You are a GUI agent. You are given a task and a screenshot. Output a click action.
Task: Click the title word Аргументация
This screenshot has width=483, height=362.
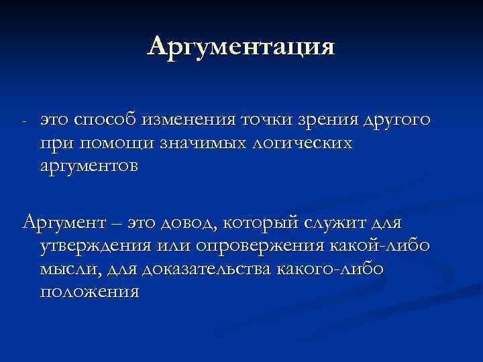click(241, 48)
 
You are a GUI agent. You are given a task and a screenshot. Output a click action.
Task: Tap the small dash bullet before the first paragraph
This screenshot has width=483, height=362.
click(24, 122)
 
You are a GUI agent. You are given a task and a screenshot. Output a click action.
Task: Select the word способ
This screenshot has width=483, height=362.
click(106, 120)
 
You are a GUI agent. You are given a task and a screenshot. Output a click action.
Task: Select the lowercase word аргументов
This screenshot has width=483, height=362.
click(89, 166)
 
